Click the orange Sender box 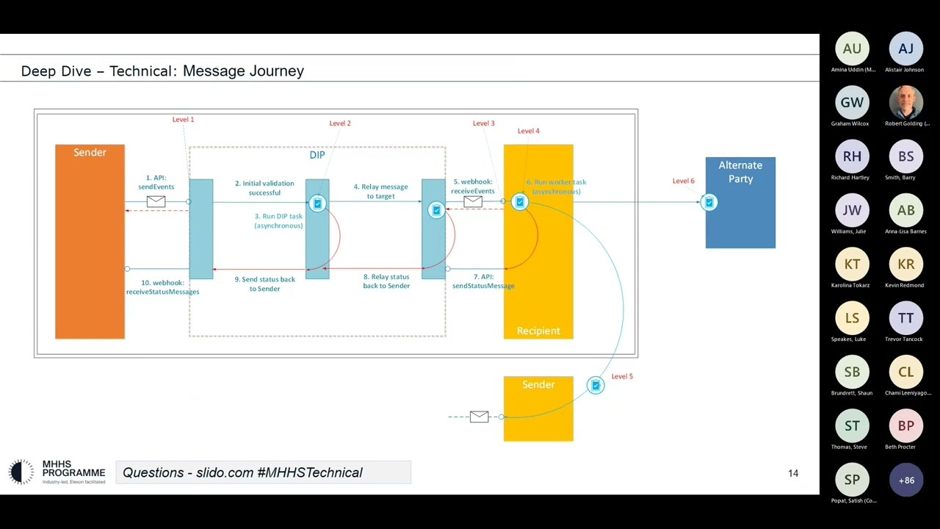[x=90, y=242]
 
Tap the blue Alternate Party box [x=740, y=213]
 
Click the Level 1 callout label [x=183, y=119]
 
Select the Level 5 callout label [x=622, y=376]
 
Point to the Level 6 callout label [x=683, y=181]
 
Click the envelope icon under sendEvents [x=156, y=201]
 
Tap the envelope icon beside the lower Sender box [x=479, y=417]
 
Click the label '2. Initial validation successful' [x=264, y=188]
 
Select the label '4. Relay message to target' [x=380, y=191]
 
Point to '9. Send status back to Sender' [x=264, y=284]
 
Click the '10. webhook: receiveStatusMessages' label [x=162, y=287]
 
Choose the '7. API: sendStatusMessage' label [x=483, y=281]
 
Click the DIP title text [x=317, y=155]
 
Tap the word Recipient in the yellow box [x=538, y=331]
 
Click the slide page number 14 [x=793, y=473]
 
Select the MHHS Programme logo [x=57, y=472]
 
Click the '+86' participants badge [x=906, y=481]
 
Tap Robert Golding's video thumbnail [x=906, y=103]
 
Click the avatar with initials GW [x=852, y=103]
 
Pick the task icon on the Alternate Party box [x=709, y=202]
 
